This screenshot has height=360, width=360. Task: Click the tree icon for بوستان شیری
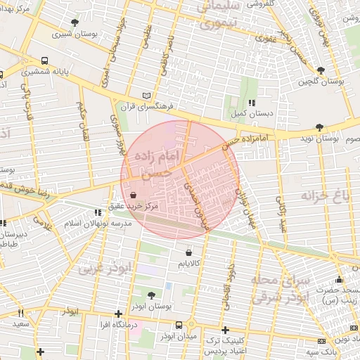[75, 22]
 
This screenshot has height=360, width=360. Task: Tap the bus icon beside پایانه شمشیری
[45, 60]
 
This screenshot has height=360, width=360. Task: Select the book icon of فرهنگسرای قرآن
[146, 95]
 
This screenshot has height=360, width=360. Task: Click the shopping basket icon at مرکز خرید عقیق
[134, 196]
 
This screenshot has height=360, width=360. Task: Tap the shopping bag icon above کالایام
[188, 252]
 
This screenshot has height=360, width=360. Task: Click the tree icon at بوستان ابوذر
[151, 294]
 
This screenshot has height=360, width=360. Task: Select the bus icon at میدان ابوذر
[179, 325]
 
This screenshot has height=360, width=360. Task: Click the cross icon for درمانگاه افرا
[118, 314]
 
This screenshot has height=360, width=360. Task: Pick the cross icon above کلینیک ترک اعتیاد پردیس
[225, 330]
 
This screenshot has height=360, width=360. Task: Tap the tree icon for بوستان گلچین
[321, 71]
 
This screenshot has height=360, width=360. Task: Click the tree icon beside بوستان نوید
[321, 127]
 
